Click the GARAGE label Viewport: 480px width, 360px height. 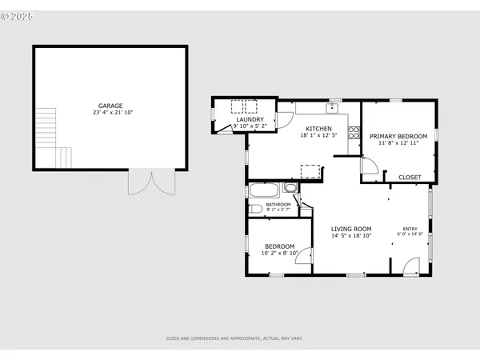click(x=110, y=106)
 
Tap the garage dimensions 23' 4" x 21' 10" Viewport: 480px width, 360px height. click(x=110, y=113)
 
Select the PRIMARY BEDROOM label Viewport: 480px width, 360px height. click(x=398, y=136)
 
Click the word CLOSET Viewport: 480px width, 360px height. click(x=410, y=177)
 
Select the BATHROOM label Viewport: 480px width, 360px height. click(x=278, y=205)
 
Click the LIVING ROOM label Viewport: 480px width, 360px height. click(x=352, y=229)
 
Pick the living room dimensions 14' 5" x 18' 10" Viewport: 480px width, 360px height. click(x=352, y=236)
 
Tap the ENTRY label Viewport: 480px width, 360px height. click(x=410, y=229)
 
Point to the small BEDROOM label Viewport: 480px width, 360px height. click(x=278, y=246)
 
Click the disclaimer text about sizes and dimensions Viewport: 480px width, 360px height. click(x=234, y=339)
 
